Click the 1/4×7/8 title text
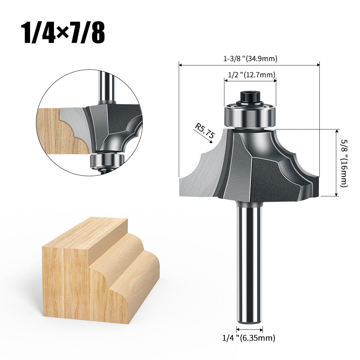coord(63,33)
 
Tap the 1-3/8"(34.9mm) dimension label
coord(250,59)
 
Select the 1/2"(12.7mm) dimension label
coord(251,75)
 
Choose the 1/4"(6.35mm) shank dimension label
coord(249,338)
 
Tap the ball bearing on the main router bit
coord(250,116)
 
